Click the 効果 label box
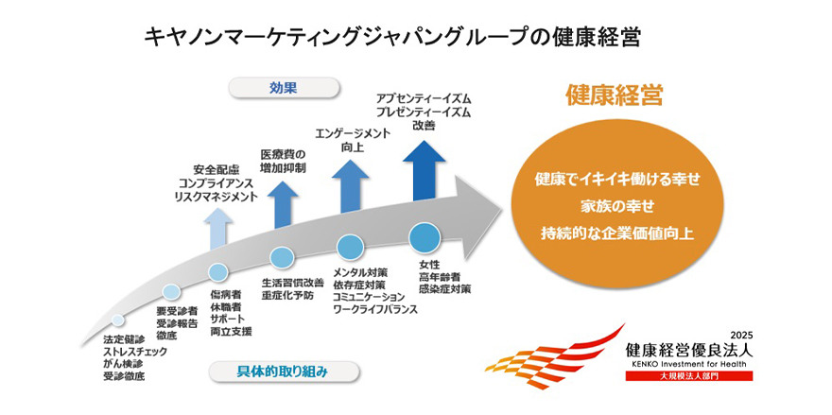[x=284, y=88]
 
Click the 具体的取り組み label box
[x=283, y=372]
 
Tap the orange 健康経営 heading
[x=613, y=95]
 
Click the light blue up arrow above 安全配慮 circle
[x=218, y=228]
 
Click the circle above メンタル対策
[x=351, y=248]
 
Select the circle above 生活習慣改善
[x=282, y=258]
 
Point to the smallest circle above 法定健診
[x=117, y=320]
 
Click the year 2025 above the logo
[x=740, y=335]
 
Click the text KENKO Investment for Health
[x=689, y=363]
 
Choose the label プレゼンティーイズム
[x=423, y=112]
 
